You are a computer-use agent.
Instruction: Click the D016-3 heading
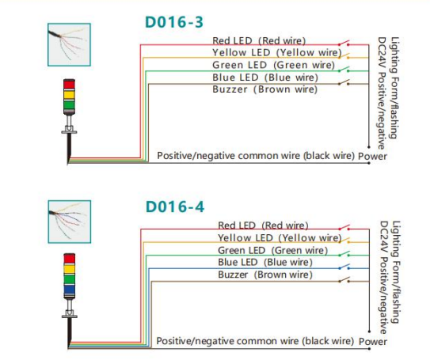coord(174,22)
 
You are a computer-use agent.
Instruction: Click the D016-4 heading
coord(175,207)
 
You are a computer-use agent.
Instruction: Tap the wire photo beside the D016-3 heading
coord(69,44)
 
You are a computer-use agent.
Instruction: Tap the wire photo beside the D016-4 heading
coord(70,222)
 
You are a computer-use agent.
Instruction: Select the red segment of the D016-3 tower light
coord(69,84)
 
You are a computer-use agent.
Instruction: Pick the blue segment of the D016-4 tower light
coord(70,290)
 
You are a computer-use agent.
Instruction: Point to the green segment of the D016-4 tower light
coord(70,279)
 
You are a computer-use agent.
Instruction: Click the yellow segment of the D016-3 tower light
coord(69,95)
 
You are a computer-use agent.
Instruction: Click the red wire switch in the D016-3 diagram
coord(344,43)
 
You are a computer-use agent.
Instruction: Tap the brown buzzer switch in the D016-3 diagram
coord(344,82)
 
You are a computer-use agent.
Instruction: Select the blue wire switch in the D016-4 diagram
coord(344,267)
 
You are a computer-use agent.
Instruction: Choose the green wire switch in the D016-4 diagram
coord(344,254)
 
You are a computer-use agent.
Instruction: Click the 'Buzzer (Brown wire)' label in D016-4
coord(265,275)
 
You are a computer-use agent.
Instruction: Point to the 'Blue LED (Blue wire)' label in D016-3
coord(265,78)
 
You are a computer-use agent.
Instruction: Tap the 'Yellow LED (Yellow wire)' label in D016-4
coord(280,238)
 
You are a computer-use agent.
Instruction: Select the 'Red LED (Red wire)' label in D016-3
coord(259,41)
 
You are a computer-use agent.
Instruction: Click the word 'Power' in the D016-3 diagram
coord(373,157)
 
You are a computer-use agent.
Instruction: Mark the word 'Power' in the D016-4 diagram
coord(373,342)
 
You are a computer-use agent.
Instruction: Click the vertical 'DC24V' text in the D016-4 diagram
coord(383,237)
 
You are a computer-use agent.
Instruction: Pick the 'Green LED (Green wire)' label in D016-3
coord(273,65)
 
